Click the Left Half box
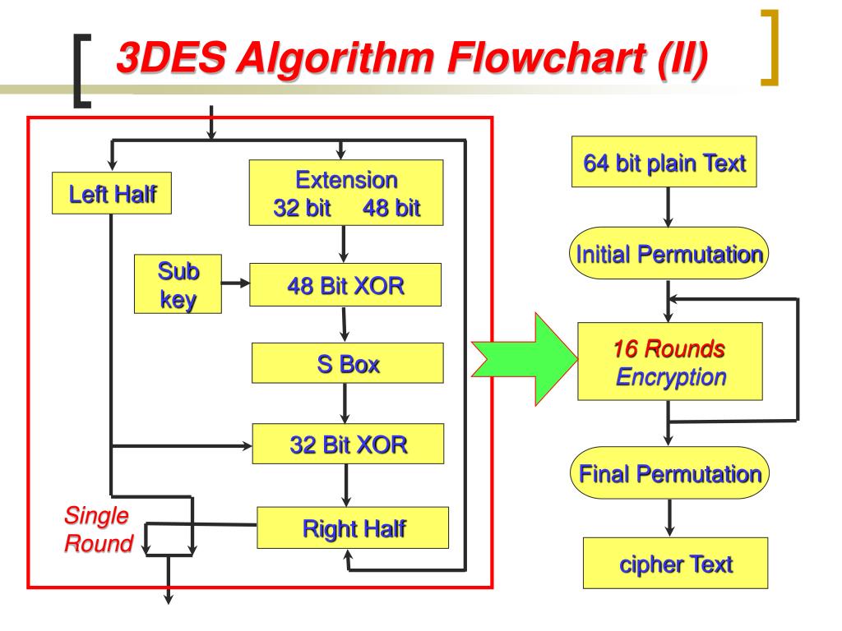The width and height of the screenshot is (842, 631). click(112, 194)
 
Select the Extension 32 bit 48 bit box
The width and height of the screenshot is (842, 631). click(346, 192)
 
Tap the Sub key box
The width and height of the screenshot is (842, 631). click(178, 283)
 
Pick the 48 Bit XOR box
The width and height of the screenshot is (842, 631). click(346, 286)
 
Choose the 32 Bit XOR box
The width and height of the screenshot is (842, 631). click(348, 444)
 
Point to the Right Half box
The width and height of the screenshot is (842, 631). click(354, 527)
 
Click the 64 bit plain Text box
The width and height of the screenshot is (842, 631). click(664, 164)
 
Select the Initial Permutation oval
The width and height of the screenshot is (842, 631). click(668, 254)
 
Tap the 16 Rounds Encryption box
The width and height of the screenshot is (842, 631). click(670, 362)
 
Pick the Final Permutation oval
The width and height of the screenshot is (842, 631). click(669, 473)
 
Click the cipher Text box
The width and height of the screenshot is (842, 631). click(675, 563)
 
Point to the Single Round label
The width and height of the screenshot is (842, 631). click(98, 530)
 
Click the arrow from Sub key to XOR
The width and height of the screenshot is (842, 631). click(236, 284)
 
